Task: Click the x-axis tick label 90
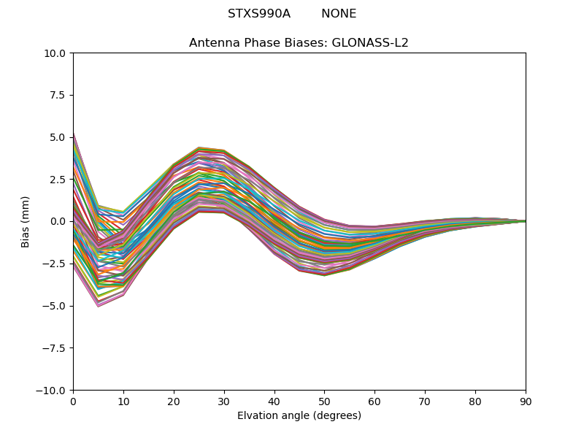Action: [x=526, y=401]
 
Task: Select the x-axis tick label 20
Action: [x=174, y=401]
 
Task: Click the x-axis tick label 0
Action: [x=73, y=401]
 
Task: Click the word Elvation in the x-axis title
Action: [x=257, y=415]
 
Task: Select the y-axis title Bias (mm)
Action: [x=26, y=221]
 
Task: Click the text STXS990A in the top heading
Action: [x=259, y=14]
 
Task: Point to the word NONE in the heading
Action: [x=339, y=14]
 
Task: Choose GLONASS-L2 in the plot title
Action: [x=370, y=43]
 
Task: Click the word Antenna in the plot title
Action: [x=213, y=43]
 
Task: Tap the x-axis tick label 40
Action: [x=274, y=401]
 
